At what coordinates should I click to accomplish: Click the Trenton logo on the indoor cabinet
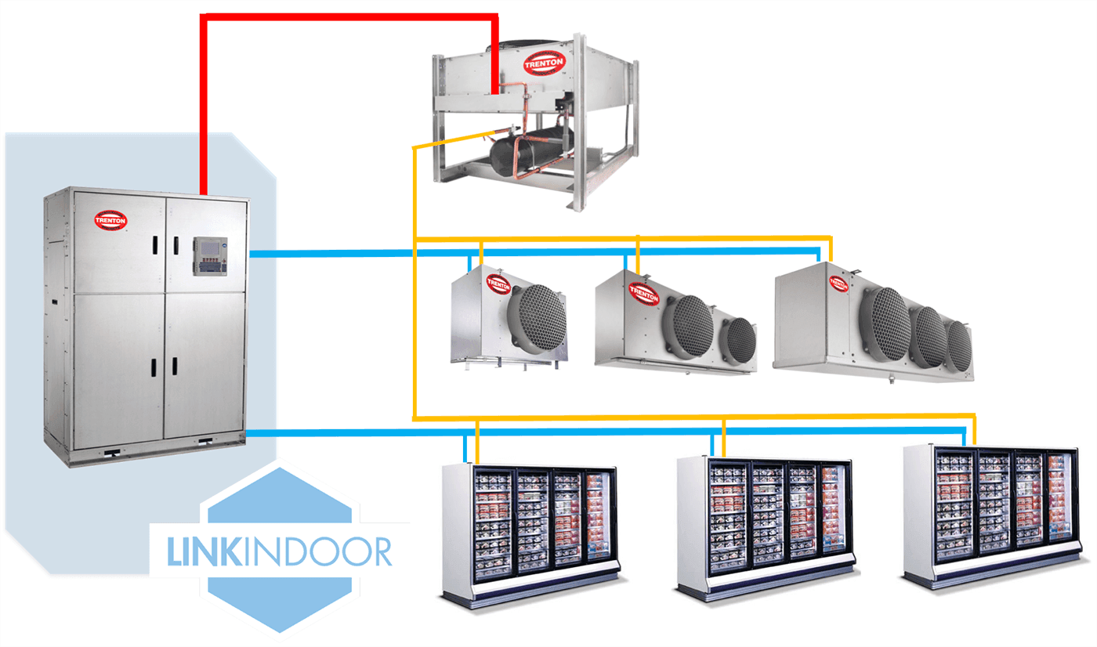click(x=110, y=219)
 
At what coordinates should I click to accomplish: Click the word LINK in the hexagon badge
click(x=205, y=551)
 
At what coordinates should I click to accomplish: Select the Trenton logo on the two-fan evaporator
click(x=643, y=294)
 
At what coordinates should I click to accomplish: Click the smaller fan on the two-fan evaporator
click(x=737, y=340)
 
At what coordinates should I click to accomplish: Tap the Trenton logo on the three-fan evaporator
click(x=838, y=284)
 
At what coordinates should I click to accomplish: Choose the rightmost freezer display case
click(x=992, y=513)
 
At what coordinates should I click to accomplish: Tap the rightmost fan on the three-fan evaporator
click(x=958, y=345)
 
